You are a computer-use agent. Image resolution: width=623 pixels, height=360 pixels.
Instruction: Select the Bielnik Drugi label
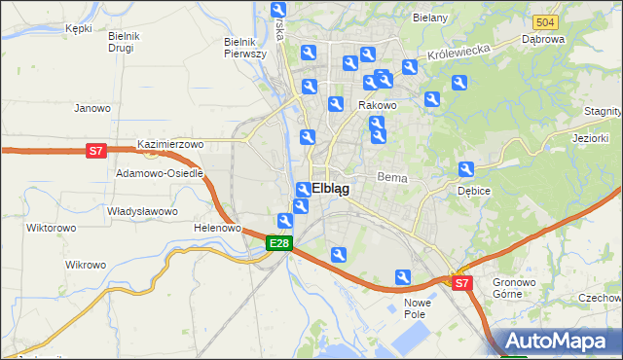125,42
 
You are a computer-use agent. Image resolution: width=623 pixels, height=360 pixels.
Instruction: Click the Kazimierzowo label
170,144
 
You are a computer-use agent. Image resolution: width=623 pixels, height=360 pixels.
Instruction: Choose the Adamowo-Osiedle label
160,172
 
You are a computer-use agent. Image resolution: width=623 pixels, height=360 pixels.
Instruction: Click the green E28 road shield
279,243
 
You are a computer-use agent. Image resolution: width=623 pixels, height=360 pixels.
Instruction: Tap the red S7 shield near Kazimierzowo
95,151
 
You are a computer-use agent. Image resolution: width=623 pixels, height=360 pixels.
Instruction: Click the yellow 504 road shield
545,21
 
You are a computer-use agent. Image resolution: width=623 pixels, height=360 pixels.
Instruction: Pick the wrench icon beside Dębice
466,170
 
